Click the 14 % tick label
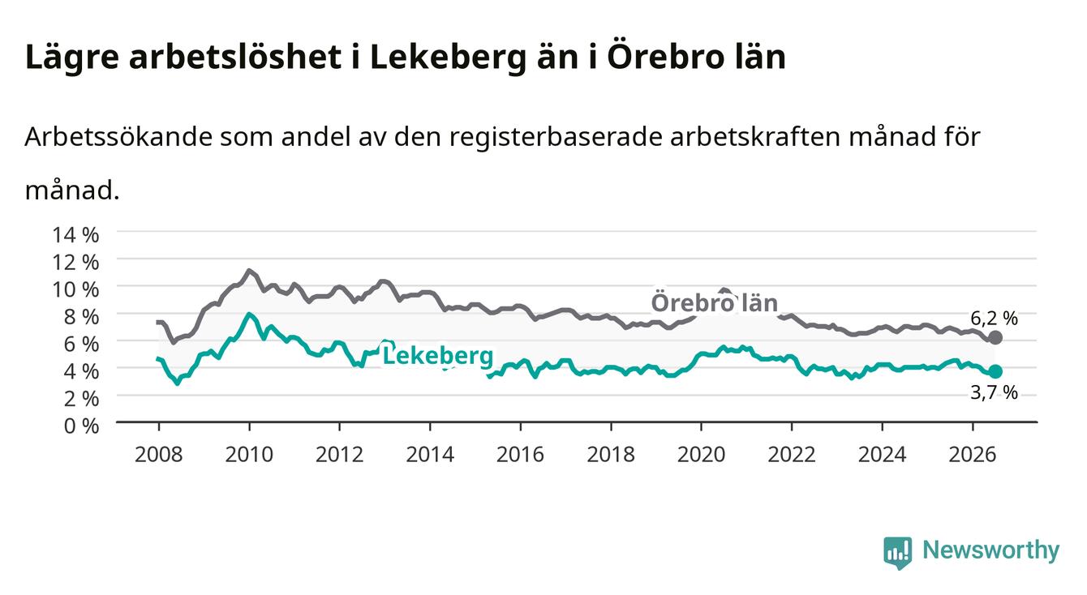pyautogui.click(x=75, y=235)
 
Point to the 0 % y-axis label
pyautogui.click(x=81, y=426)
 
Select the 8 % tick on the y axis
pyautogui.click(x=81, y=317)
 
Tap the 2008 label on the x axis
pyautogui.click(x=159, y=455)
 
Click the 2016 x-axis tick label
pyautogui.click(x=520, y=455)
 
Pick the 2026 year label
pyautogui.click(x=973, y=455)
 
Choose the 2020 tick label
pyautogui.click(x=701, y=455)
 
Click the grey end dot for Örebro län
pyautogui.click(x=995, y=337)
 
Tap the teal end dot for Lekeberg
pyautogui.click(x=995, y=371)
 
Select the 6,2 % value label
pyautogui.click(x=994, y=319)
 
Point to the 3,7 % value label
pyautogui.click(x=994, y=392)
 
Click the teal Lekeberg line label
pyautogui.click(x=438, y=357)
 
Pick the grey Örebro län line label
pyautogui.click(x=715, y=303)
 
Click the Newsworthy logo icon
pyautogui.click(x=898, y=553)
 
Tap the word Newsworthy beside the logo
pyautogui.click(x=991, y=551)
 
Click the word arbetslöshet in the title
pyautogui.click(x=235, y=57)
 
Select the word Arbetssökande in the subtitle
pyautogui.click(x=118, y=137)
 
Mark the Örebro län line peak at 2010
pyautogui.click(x=249, y=270)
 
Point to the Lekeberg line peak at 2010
pyautogui.click(x=249, y=315)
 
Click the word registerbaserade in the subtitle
pyautogui.click(x=556, y=137)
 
